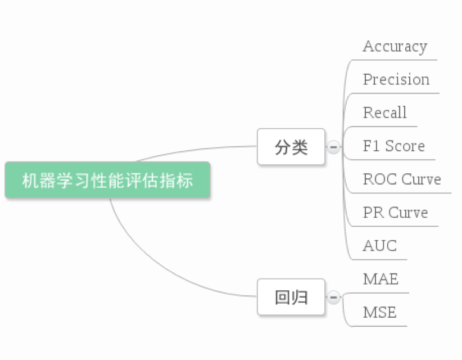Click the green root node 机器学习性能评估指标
pyautogui.click(x=107, y=181)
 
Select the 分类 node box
pyautogui.click(x=291, y=147)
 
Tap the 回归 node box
pyautogui.click(x=291, y=297)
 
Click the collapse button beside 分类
pyautogui.click(x=333, y=147)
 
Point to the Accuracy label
pyautogui.click(x=395, y=47)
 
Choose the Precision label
pyautogui.click(x=396, y=80)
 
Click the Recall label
pyautogui.click(x=384, y=113)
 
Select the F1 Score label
pyautogui.click(x=393, y=146)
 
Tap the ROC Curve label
pyautogui.click(x=402, y=179)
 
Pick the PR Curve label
pyautogui.click(x=395, y=213)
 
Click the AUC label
pyautogui.click(x=379, y=246)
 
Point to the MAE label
pyautogui.click(x=381, y=279)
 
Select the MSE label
pyautogui.click(x=379, y=312)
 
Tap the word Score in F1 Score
pyautogui.click(x=405, y=146)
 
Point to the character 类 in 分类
pyautogui.click(x=300, y=147)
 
